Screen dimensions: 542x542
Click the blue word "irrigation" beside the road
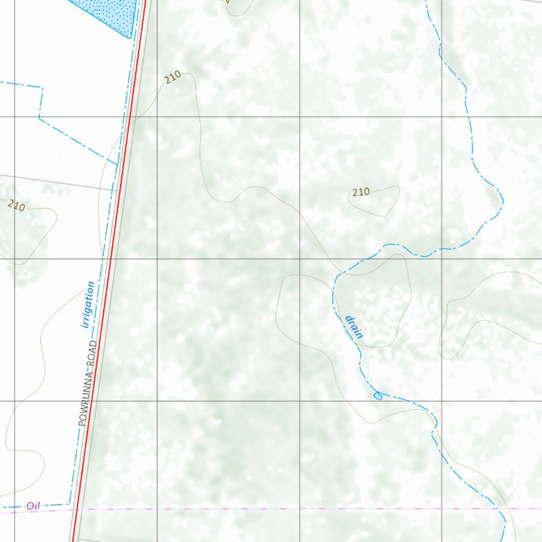pyautogui.click(x=88, y=305)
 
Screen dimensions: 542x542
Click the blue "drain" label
pyautogui.click(x=354, y=327)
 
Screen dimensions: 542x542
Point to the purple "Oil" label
pyautogui.click(x=33, y=506)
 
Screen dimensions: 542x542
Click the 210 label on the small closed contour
pyautogui.click(x=360, y=192)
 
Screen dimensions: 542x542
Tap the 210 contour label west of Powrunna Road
pyautogui.click(x=16, y=206)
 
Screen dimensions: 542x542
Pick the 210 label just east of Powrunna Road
pyautogui.click(x=173, y=78)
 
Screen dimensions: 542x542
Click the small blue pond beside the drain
pyautogui.click(x=378, y=396)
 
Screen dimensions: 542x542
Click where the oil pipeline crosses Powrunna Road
pyautogui.click(x=76, y=509)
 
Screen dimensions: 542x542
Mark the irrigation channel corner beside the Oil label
pyautogui.click(x=70, y=504)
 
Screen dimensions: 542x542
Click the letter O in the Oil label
pyautogui.click(x=30, y=507)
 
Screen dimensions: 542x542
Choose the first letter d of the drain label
pyautogui.click(x=349, y=319)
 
